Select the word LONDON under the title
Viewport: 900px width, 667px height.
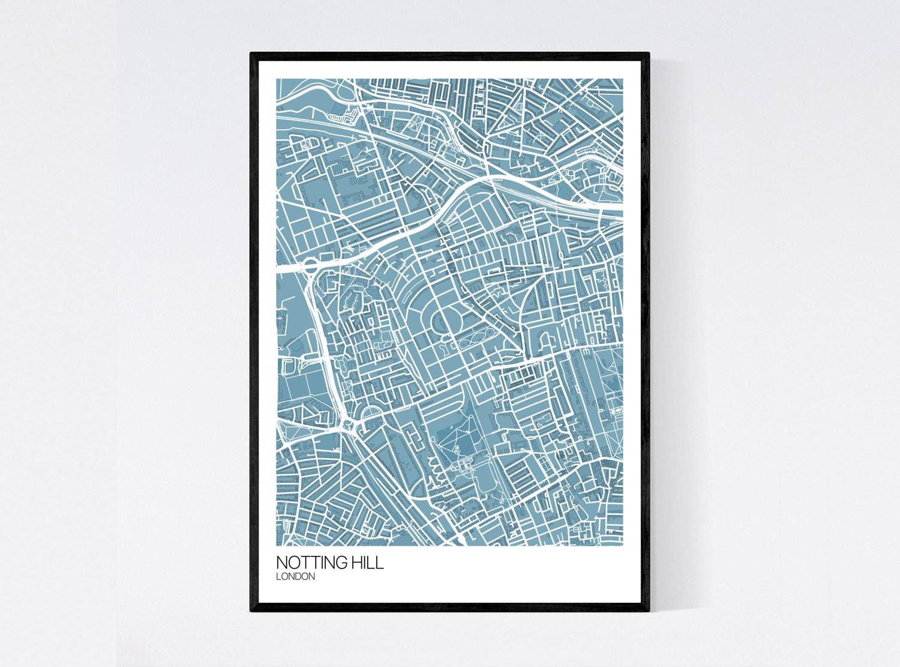296,576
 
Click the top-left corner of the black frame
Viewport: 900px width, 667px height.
251,53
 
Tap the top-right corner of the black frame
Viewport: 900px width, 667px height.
650,53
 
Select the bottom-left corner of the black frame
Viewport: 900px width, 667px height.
251,613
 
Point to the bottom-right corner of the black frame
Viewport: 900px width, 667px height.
650,613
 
